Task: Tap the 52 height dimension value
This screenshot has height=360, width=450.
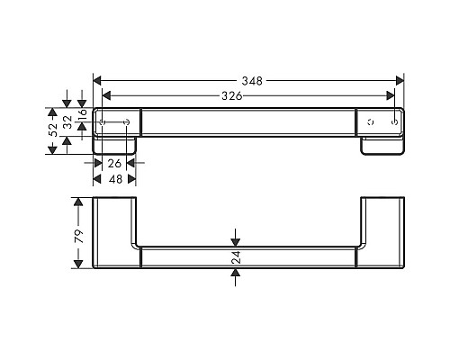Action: pos(53,130)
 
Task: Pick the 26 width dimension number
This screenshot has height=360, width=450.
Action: pos(114,164)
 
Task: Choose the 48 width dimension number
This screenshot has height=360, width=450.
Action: pos(114,178)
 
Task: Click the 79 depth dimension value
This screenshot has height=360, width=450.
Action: pos(78,236)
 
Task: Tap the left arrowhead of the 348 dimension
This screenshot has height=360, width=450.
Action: pos(98,81)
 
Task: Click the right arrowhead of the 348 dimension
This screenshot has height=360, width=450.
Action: pos(400,81)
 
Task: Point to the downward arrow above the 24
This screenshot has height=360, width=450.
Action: pos(236,239)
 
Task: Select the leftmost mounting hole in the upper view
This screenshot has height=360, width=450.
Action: pos(103,121)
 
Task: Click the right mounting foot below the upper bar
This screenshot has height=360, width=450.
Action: pos(382,145)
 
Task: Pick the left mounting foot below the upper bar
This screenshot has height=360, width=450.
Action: pos(115,145)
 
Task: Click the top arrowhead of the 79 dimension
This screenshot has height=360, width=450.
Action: pos(78,200)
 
